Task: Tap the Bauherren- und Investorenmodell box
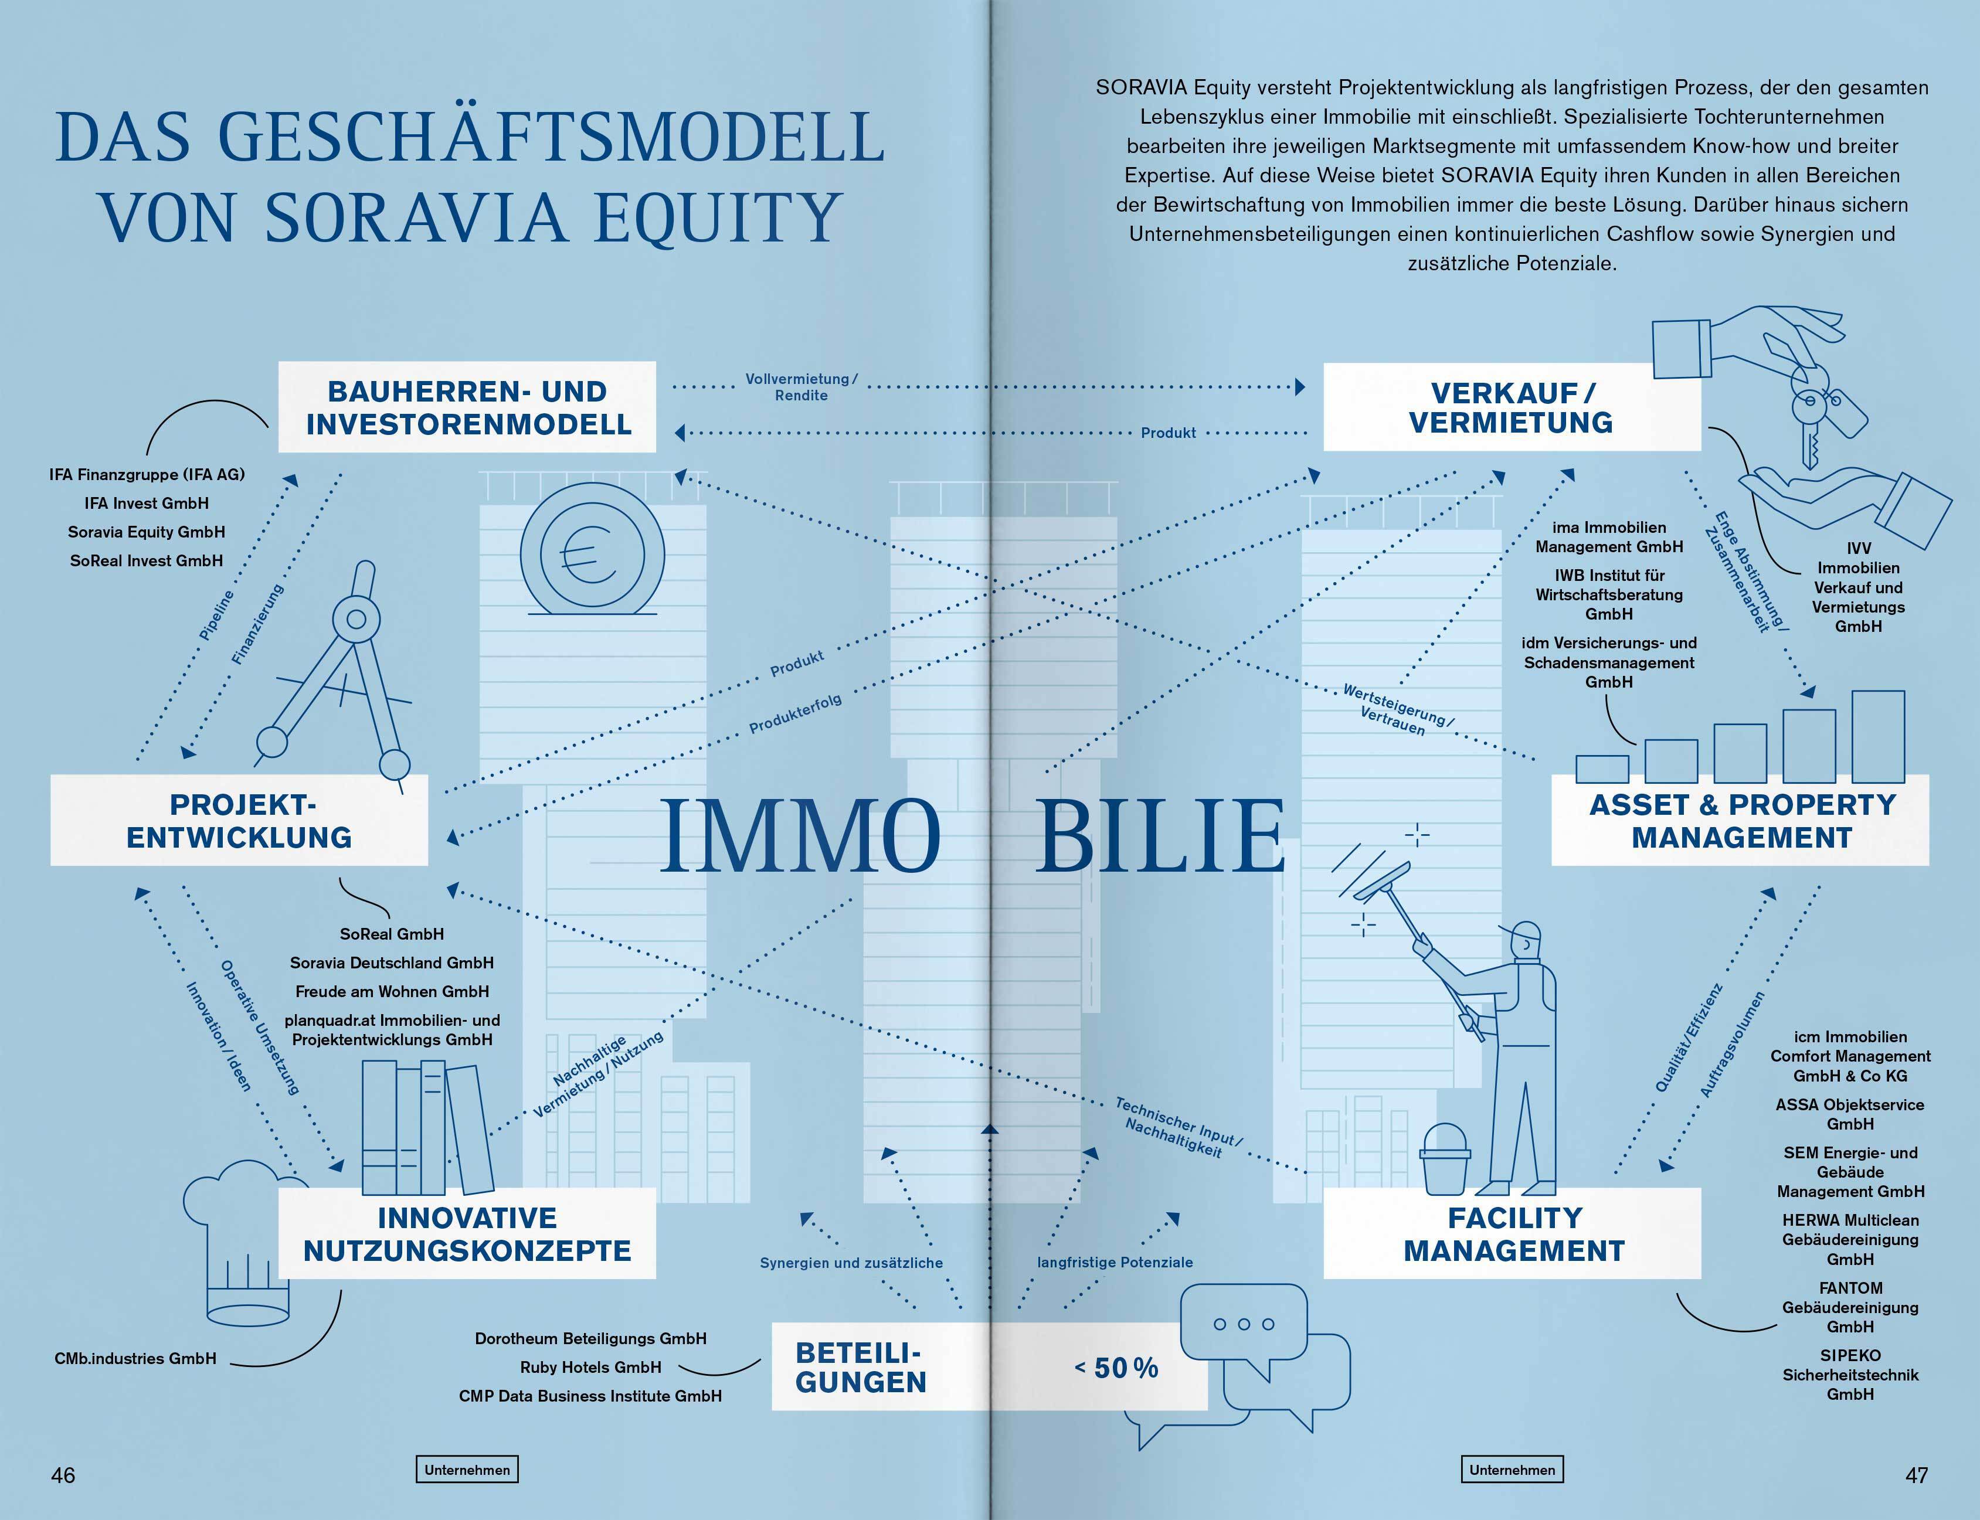467,407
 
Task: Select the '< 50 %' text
1117,1368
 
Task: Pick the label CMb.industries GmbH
136,1358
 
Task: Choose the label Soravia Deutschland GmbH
392,963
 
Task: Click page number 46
63,1475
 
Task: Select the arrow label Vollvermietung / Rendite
801,387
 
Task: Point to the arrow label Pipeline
216,616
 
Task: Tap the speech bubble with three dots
1244,1325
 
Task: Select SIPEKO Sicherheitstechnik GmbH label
1850,1375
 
